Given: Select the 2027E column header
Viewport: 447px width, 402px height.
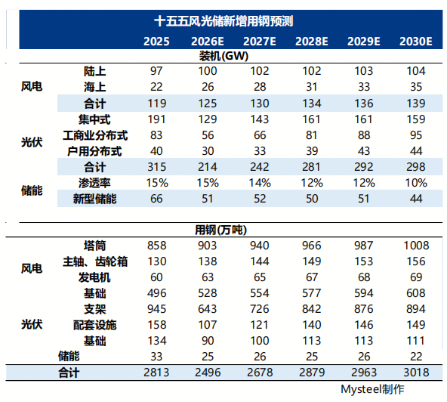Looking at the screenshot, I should click(x=266, y=42).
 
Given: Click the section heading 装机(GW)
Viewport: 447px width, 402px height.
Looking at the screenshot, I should click(x=223, y=57).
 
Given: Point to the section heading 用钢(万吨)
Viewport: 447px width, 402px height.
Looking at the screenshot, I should click(x=223, y=230).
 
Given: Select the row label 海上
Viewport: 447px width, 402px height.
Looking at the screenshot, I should click(x=94, y=85).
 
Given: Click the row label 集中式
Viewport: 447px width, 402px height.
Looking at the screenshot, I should click(x=94, y=119).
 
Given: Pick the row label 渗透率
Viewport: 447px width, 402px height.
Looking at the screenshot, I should click(x=94, y=182).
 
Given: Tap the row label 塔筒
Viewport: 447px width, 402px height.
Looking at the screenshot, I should click(x=94, y=245).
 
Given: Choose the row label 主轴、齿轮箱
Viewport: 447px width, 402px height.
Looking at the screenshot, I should click(x=94, y=261).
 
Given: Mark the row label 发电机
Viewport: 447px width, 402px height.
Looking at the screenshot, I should click(x=94, y=277).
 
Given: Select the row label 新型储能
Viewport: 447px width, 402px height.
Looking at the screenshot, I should click(x=94, y=198).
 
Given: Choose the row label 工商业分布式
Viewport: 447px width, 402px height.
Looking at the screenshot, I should click(x=94, y=135).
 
